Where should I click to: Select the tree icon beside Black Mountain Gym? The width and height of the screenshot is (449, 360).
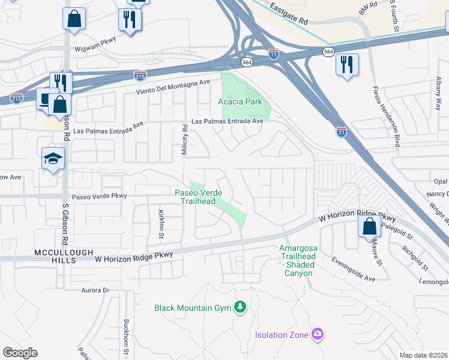[x=241, y=308]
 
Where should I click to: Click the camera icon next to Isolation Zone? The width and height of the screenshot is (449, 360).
[x=318, y=334]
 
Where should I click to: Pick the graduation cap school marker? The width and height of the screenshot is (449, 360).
[x=53, y=159]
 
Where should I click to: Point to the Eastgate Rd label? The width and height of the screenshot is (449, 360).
[x=289, y=13]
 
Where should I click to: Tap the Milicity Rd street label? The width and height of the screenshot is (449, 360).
[x=185, y=139]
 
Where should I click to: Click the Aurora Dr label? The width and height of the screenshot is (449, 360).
[x=97, y=290]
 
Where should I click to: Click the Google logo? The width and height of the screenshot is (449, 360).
[x=20, y=353]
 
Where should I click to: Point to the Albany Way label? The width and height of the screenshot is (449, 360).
[x=439, y=90]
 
